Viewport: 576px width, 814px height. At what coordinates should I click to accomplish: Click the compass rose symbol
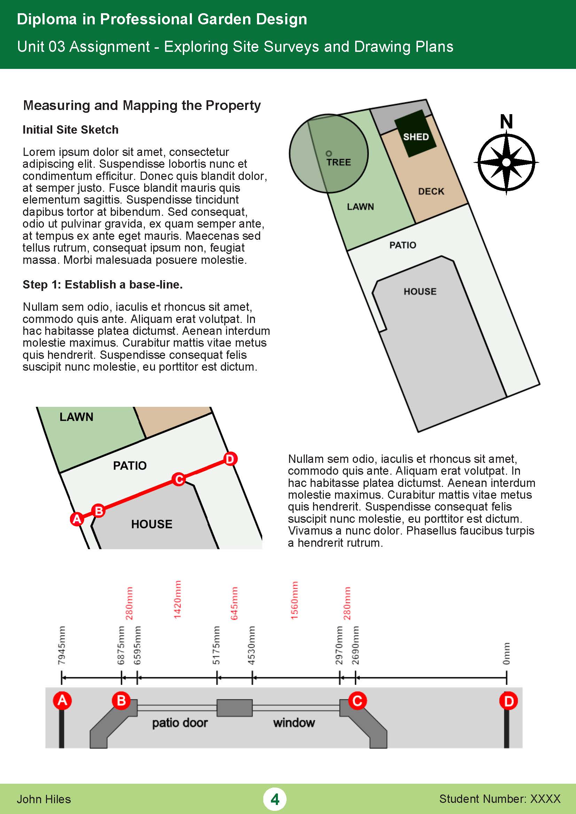(506, 163)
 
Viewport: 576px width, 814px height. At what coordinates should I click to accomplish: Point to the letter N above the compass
(506, 121)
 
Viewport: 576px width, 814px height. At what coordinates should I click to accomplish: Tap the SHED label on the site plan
(416, 137)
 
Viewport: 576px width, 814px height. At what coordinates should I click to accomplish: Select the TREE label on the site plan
(339, 163)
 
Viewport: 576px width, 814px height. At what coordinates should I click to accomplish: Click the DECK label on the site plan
(431, 191)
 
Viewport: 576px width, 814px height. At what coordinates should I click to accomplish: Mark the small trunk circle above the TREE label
(329, 153)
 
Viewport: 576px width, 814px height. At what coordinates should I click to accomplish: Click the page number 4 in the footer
(275, 799)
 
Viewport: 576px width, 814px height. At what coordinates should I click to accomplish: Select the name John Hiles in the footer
(44, 799)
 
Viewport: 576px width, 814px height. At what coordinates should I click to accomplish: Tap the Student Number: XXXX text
(500, 799)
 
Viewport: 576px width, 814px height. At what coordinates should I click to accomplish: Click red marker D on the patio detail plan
(230, 459)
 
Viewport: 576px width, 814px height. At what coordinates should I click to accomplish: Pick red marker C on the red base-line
(179, 479)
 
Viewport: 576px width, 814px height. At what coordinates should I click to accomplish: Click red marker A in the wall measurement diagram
(62, 700)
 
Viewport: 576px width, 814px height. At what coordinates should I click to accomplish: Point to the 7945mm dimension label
(61, 645)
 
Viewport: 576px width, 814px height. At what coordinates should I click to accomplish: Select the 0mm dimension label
(506, 654)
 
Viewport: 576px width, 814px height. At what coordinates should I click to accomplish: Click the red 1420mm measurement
(177, 600)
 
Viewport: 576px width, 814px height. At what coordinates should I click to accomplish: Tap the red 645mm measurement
(234, 603)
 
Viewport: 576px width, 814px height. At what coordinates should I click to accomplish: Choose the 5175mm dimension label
(216, 645)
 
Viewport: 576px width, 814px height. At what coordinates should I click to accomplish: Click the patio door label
(180, 722)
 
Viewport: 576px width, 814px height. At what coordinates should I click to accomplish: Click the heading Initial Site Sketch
(71, 130)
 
